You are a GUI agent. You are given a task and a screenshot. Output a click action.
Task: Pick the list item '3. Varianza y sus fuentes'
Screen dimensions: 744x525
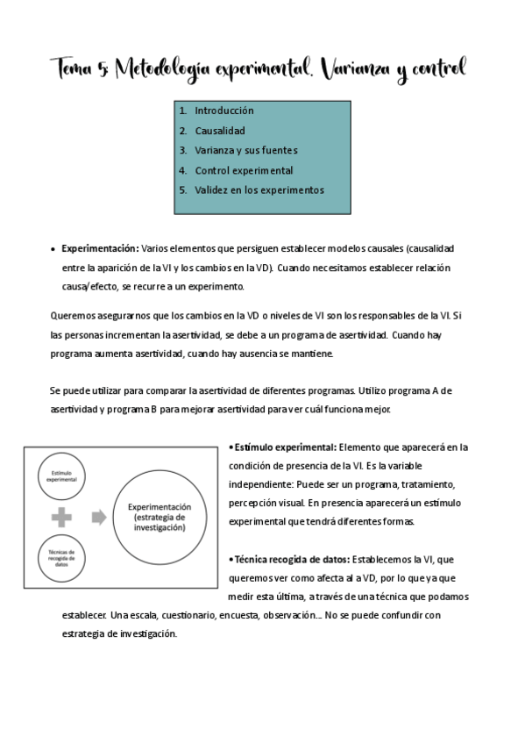tap(245, 150)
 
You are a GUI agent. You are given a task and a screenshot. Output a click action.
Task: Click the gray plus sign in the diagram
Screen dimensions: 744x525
tap(61, 518)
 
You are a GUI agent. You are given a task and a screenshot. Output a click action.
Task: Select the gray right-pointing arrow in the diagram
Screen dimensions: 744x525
tap(99, 518)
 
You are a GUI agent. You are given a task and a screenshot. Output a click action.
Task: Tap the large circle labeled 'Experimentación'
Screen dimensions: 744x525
tap(160, 517)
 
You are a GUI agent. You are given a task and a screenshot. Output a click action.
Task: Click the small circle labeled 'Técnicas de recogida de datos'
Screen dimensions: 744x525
tap(61, 559)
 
